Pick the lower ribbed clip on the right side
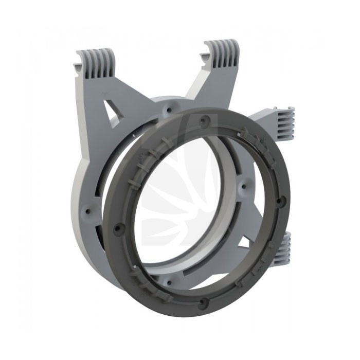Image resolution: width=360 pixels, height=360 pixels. coord(282,248)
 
